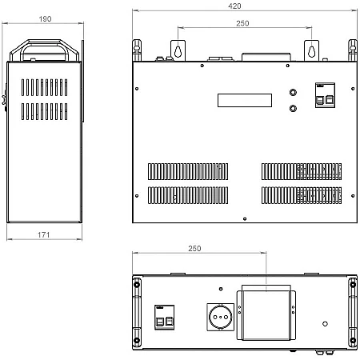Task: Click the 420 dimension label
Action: (x=234, y=6)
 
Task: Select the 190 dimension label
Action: (x=45, y=19)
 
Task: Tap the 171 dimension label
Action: (x=44, y=235)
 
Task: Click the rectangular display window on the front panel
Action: (x=245, y=100)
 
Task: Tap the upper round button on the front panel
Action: (x=293, y=92)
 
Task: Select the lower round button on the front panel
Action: (x=293, y=109)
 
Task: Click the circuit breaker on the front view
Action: (x=325, y=95)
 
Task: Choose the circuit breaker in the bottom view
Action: (x=165, y=318)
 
